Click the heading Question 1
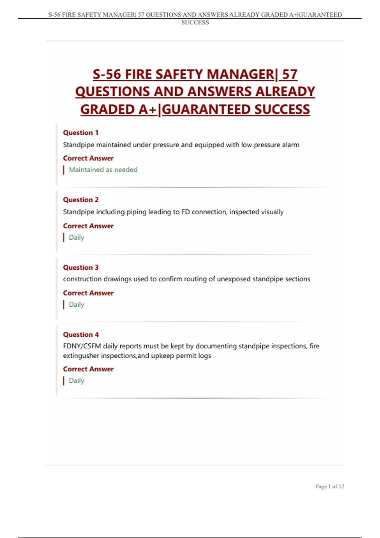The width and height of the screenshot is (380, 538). point(80,133)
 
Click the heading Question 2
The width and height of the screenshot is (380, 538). point(80,200)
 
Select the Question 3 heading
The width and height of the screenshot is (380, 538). point(80,267)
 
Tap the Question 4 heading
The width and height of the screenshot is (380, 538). point(80,335)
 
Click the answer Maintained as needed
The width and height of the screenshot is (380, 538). point(103,170)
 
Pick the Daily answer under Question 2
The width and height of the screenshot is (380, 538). point(76,237)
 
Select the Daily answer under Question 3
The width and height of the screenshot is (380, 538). point(76,304)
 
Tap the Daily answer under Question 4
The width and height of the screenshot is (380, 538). point(76,380)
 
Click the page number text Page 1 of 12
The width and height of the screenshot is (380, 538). point(330,486)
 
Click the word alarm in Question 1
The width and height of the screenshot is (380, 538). point(290,145)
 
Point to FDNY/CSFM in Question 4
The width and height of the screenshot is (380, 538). point(82,346)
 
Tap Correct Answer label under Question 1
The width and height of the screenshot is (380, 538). point(88,158)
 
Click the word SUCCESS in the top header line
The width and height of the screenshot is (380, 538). point(195,22)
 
